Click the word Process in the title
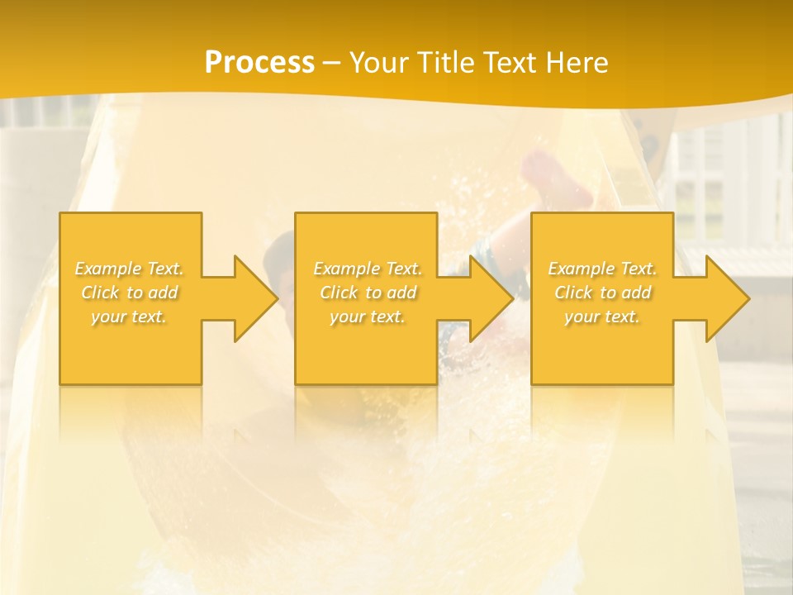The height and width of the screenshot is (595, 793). click(259, 63)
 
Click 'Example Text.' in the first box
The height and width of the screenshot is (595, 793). click(130, 269)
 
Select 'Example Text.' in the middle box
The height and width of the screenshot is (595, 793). click(368, 269)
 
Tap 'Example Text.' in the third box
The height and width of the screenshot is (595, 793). click(602, 269)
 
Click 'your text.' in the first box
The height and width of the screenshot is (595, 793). click(130, 317)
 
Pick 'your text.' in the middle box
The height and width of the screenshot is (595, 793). click(368, 317)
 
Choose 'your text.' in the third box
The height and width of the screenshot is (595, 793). click(602, 317)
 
